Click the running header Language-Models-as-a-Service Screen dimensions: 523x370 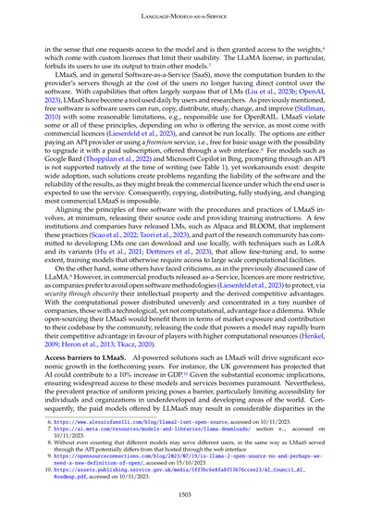(x=185, y=12)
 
